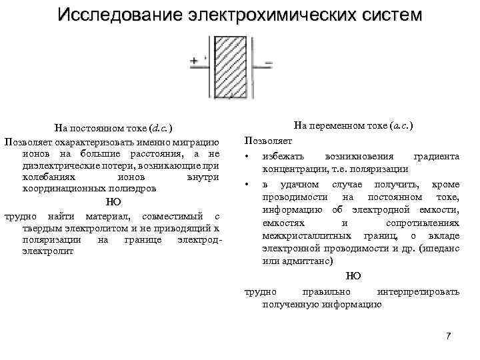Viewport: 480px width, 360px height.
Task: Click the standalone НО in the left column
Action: (114, 203)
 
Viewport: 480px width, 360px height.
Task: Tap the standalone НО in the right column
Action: (354, 276)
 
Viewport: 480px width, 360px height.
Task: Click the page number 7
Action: (448, 335)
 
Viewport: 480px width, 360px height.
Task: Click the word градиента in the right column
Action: (436, 156)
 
